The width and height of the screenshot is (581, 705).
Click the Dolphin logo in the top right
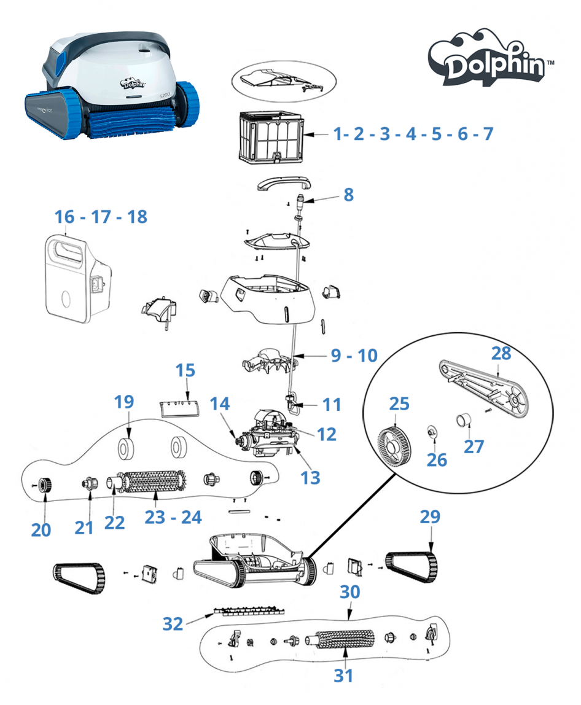point(490,58)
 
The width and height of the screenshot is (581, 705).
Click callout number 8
point(348,195)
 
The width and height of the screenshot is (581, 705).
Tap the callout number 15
point(185,370)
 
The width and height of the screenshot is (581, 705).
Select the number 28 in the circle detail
point(501,353)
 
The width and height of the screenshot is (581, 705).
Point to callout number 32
point(173,624)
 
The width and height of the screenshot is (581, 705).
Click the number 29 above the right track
point(430,516)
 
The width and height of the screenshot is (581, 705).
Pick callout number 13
point(310,478)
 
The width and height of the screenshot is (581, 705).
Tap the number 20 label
point(41,530)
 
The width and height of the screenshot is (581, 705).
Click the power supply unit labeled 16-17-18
point(78,279)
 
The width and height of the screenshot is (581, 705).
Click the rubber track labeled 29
point(411,567)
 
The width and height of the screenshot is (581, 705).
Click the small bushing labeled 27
point(464,420)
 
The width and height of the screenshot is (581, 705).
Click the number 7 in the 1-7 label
point(488,133)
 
